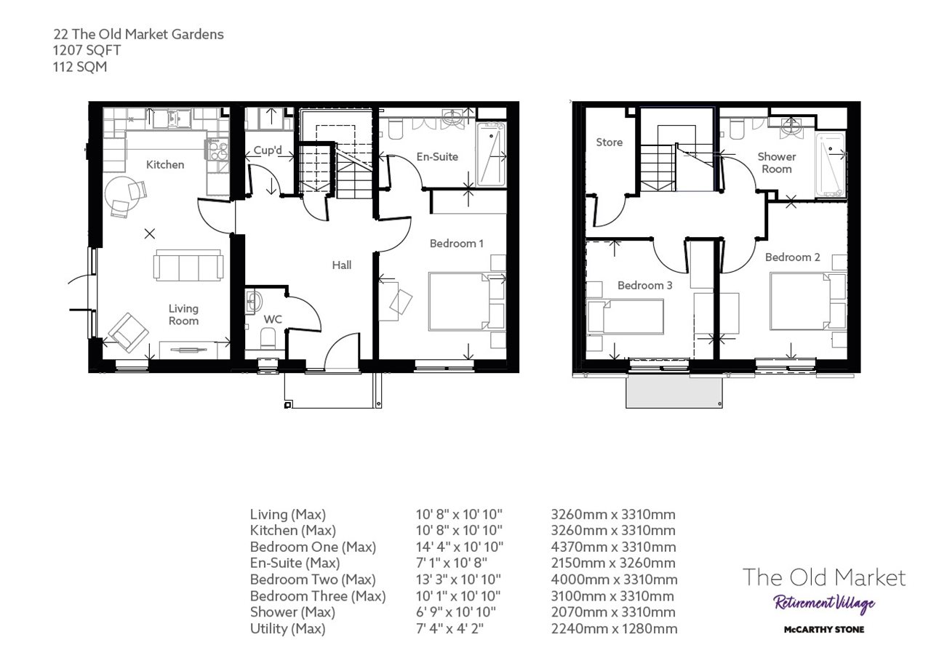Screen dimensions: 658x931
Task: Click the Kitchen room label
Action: [x=165, y=164]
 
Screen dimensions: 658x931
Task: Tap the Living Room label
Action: [x=183, y=315]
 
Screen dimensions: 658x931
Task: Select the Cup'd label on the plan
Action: [x=268, y=151]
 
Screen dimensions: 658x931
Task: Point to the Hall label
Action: [x=342, y=265]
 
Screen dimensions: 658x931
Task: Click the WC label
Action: [x=273, y=318]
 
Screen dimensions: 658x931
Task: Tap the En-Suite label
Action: [x=437, y=156]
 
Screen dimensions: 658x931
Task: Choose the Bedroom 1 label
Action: [x=457, y=243]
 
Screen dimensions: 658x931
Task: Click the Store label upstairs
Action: [x=609, y=142]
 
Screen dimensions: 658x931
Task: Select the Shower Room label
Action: [x=777, y=163]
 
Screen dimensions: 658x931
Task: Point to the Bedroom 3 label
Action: [x=644, y=286]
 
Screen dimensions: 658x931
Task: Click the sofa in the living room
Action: [x=188, y=265]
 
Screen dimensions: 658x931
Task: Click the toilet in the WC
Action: [x=268, y=337]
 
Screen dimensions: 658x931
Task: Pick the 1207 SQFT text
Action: [x=86, y=50]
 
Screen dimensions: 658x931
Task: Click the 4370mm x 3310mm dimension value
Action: [x=613, y=547]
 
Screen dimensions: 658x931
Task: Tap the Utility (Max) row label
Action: [x=287, y=629]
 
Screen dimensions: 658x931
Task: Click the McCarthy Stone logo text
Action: [x=823, y=629]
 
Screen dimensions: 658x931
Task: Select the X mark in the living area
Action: [x=150, y=233]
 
